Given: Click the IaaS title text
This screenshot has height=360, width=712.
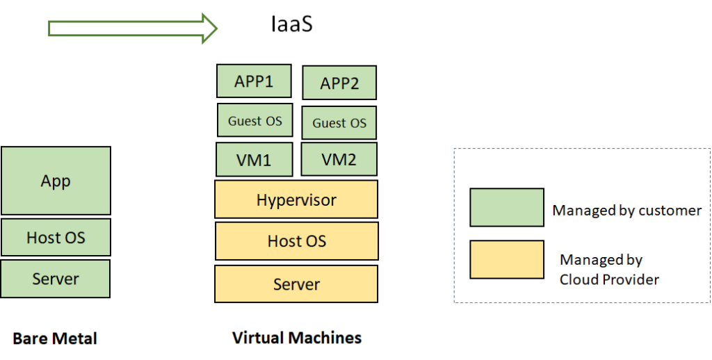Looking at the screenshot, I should coord(291,24).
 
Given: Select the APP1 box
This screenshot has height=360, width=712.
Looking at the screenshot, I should coord(254,81).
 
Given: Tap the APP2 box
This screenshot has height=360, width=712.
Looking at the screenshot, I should coord(339,83).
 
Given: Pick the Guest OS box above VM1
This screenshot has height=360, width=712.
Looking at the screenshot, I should coord(254,121).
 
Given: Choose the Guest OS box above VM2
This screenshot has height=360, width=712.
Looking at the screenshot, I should coord(339,123).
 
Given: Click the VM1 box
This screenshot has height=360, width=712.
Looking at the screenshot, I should coord(254,160).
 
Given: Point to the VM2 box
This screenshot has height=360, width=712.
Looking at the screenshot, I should coord(339,160).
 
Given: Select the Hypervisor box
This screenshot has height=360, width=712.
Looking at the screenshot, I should coord(296,200).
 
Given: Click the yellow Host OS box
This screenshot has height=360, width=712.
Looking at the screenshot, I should coord(297,241).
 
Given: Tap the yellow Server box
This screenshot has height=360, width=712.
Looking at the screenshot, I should coord(296,284).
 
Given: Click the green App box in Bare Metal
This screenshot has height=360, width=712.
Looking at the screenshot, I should coord(56,181).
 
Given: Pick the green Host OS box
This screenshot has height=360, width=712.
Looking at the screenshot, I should coord(56,237).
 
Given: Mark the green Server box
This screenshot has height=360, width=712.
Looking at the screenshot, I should coord(56,279).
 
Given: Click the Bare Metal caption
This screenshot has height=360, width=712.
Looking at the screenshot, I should coord(55,339).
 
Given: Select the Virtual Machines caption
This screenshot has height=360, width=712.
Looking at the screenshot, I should coord(297,338).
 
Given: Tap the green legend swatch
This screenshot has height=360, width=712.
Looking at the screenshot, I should coord(507,207).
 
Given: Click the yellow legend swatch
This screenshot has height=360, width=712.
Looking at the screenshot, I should coord(507,259).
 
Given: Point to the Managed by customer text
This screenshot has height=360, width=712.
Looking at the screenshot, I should coord(626,210).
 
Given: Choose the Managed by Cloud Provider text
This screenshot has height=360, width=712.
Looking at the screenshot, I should coord(609,270).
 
